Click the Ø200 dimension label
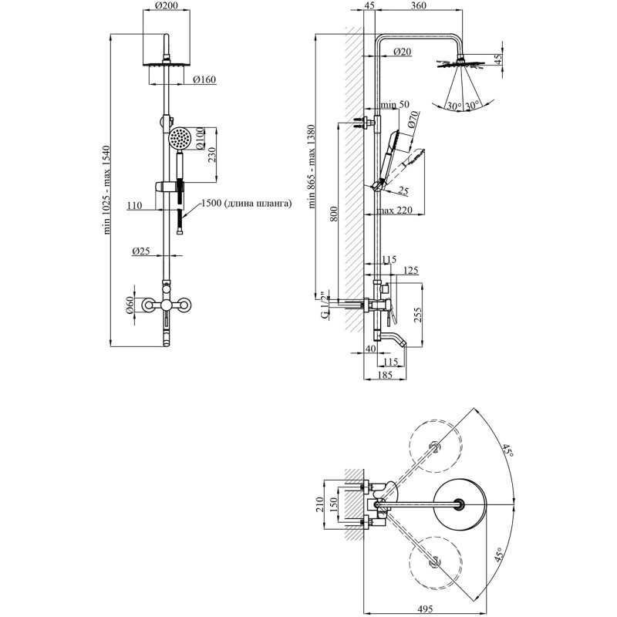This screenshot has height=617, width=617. click(x=167, y=5)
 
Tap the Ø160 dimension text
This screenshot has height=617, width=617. click(x=204, y=79)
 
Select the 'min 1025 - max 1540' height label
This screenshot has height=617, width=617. click(x=106, y=190)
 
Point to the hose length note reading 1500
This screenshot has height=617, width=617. click(x=246, y=204)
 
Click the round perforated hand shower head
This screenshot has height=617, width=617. click(x=180, y=138)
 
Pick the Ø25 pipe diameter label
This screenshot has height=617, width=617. click(x=141, y=251)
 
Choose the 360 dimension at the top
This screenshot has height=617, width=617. click(x=418, y=5)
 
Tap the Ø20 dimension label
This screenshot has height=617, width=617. click(x=402, y=52)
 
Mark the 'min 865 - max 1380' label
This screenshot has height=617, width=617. click(x=312, y=166)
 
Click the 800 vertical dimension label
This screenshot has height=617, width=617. click(x=334, y=214)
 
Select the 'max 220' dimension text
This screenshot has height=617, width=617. click(x=394, y=211)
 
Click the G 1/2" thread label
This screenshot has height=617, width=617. click(x=325, y=305)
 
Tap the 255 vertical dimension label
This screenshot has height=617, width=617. click(x=418, y=315)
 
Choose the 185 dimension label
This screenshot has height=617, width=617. click(x=384, y=375)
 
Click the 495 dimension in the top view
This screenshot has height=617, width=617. click(x=425, y=609)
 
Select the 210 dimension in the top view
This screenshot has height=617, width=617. click(x=319, y=504)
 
